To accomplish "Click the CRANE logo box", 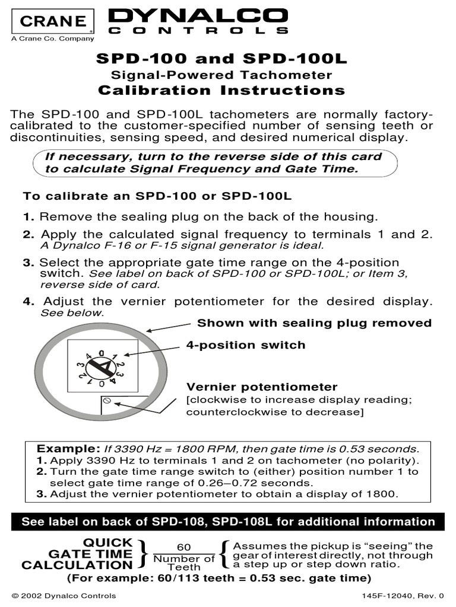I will [52, 21].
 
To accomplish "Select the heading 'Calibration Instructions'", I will [221, 90].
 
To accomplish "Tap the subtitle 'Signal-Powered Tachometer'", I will [221, 75].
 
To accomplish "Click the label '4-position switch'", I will [246, 344].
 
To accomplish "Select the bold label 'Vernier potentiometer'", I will [262, 387].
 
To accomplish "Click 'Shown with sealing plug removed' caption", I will [314, 323].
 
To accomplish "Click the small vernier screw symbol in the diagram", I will [107, 401].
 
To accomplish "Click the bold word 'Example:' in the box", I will [61, 448].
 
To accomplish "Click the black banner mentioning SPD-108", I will [228, 522].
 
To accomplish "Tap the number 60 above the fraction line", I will [184, 547].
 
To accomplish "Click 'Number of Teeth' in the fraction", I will [184, 563].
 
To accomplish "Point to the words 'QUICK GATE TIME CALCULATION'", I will [77, 554].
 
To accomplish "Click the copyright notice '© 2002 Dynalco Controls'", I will [64, 596].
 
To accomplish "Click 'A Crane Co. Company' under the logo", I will [52, 39].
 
